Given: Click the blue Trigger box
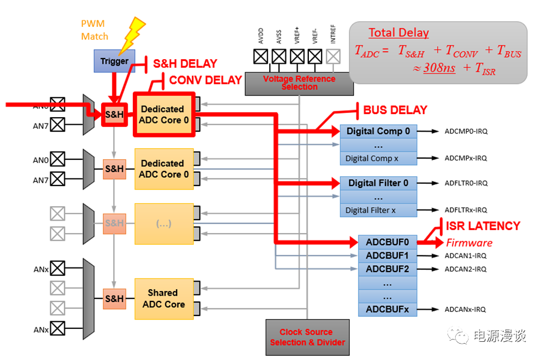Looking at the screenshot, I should point(114,61).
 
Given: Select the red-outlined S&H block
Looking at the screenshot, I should point(114,115).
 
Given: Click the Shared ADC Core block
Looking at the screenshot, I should point(163,299).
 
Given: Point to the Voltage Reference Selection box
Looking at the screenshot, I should point(299,83).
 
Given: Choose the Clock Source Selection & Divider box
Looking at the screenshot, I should point(307,337).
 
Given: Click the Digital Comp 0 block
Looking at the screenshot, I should point(378,131).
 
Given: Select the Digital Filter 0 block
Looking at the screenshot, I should point(378,183).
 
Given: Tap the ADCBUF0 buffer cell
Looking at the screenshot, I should point(387,242).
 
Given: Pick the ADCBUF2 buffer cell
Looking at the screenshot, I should point(387,269).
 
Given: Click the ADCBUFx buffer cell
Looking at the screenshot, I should point(387,309).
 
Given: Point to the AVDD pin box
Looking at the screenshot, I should point(261,56).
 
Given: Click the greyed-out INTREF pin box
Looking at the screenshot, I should point(333,56).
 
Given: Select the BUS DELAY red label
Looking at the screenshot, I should point(395,110).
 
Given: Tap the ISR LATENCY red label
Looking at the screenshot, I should point(483,226).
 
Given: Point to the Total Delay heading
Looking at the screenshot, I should point(398,33).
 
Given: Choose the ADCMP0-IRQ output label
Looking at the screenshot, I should point(466,131).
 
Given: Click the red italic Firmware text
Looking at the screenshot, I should point(469,242).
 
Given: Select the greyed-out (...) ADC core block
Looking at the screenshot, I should point(163,224).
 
